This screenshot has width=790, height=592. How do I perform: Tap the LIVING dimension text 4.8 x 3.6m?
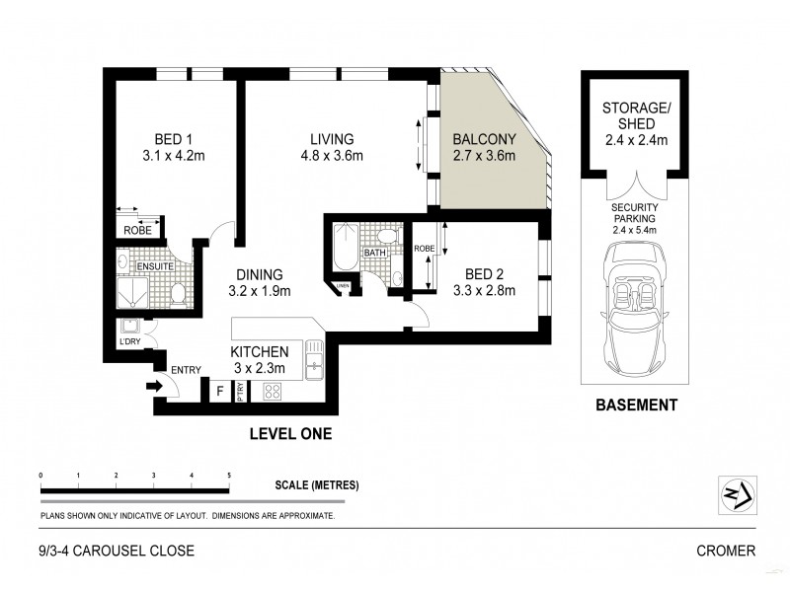tap(331, 156)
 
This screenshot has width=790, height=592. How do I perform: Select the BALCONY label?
tap(484, 138)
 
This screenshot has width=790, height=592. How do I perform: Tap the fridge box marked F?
tap(221, 392)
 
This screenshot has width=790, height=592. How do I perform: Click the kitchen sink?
tap(314, 360)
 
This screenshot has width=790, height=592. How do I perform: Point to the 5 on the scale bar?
tap(229, 476)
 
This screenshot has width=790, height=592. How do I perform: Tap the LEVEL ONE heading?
tap(290, 433)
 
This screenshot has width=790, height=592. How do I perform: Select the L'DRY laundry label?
tap(130, 342)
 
